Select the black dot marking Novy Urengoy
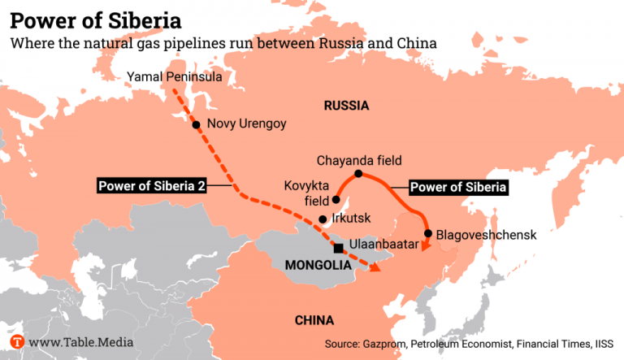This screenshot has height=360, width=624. pyautogui.click(x=196, y=125)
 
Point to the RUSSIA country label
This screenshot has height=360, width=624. pyautogui.click(x=346, y=106)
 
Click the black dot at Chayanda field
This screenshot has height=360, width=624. pyautogui.click(x=358, y=175)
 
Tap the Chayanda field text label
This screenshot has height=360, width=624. pyautogui.click(x=359, y=160)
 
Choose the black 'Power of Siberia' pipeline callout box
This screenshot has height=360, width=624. pyautogui.click(x=458, y=188)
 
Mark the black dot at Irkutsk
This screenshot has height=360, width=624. pyautogui.click(x=323, y=219)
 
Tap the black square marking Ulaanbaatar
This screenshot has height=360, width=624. pyautogui.click(x=338, y=248)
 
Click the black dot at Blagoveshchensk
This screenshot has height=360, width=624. pyautogui.click(x=429, y=233)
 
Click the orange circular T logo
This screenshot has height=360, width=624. pyautogui.click(x=17, y=342)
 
